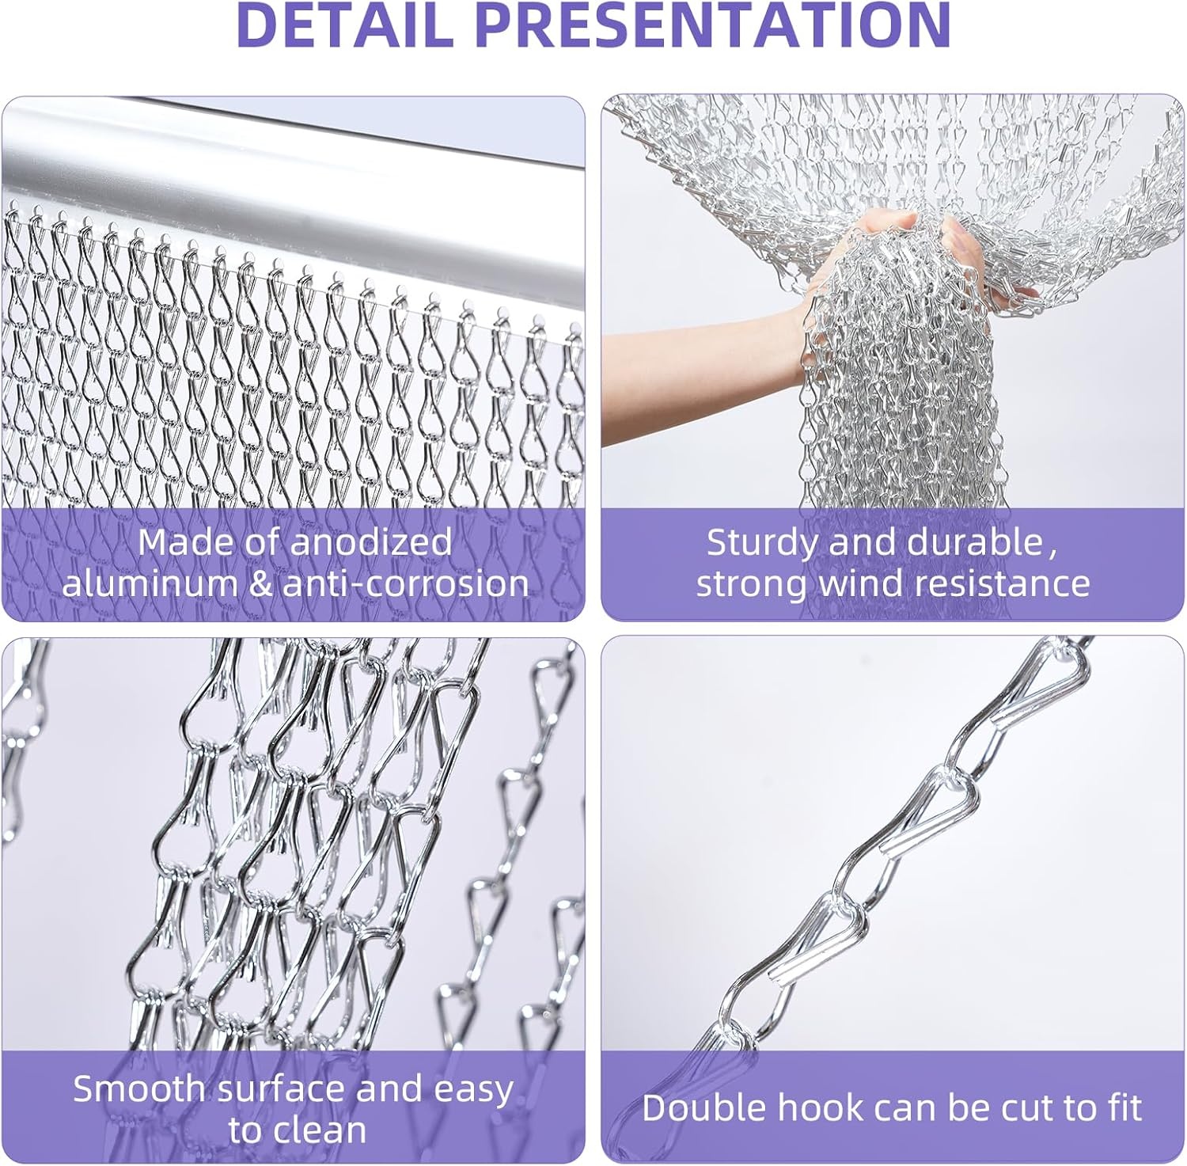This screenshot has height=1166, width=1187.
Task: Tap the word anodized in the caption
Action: tap(371, 543)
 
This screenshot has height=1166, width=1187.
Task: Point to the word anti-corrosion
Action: tap(406, 584)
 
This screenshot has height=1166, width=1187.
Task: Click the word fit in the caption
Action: tap(1123, 1108)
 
